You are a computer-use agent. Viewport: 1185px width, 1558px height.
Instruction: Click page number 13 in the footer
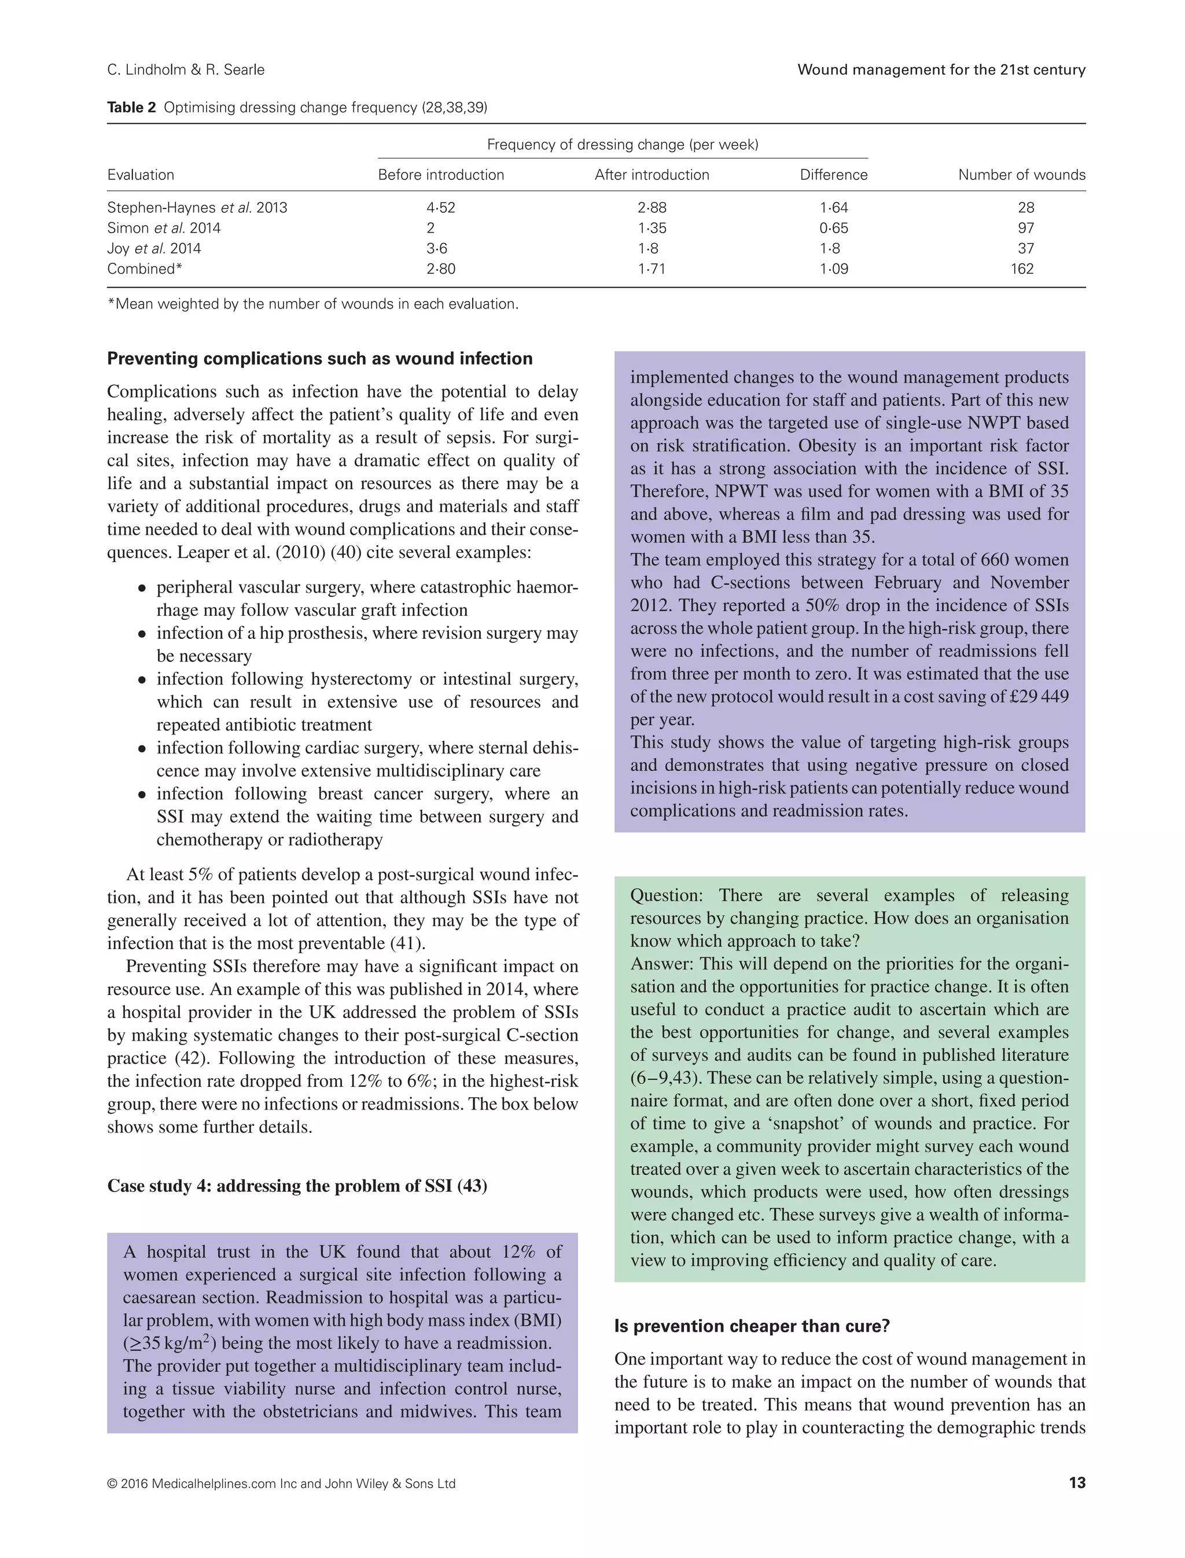(x=1076, y=1483)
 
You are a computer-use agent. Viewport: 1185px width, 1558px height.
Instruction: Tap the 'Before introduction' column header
(x=441, y=175)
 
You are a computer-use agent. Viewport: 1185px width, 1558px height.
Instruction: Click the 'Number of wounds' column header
(x=1021, y=175)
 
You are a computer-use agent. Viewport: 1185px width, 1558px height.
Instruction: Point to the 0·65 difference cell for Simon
(x=834, y=228)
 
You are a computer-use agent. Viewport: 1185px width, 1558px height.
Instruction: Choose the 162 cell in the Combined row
(x=1021, y=269)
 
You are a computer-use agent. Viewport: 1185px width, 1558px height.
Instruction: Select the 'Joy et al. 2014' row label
(x=154, y=248)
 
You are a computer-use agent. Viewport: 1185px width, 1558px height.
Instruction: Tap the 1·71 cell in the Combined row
(x=651, y=269)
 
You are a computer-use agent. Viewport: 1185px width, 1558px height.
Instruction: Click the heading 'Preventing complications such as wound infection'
(x=319, y=358)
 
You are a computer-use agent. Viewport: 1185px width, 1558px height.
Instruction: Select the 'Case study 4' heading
(x=297, y=1185)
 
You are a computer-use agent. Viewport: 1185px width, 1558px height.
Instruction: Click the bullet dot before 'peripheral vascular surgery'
(x=142, y=588)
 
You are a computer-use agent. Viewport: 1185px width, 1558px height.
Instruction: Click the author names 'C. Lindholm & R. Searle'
(x=186, y=70)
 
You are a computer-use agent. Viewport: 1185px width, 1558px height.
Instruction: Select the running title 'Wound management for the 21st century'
(x=941, y=70)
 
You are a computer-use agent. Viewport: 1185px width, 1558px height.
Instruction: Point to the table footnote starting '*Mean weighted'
(x=312, y=304)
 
